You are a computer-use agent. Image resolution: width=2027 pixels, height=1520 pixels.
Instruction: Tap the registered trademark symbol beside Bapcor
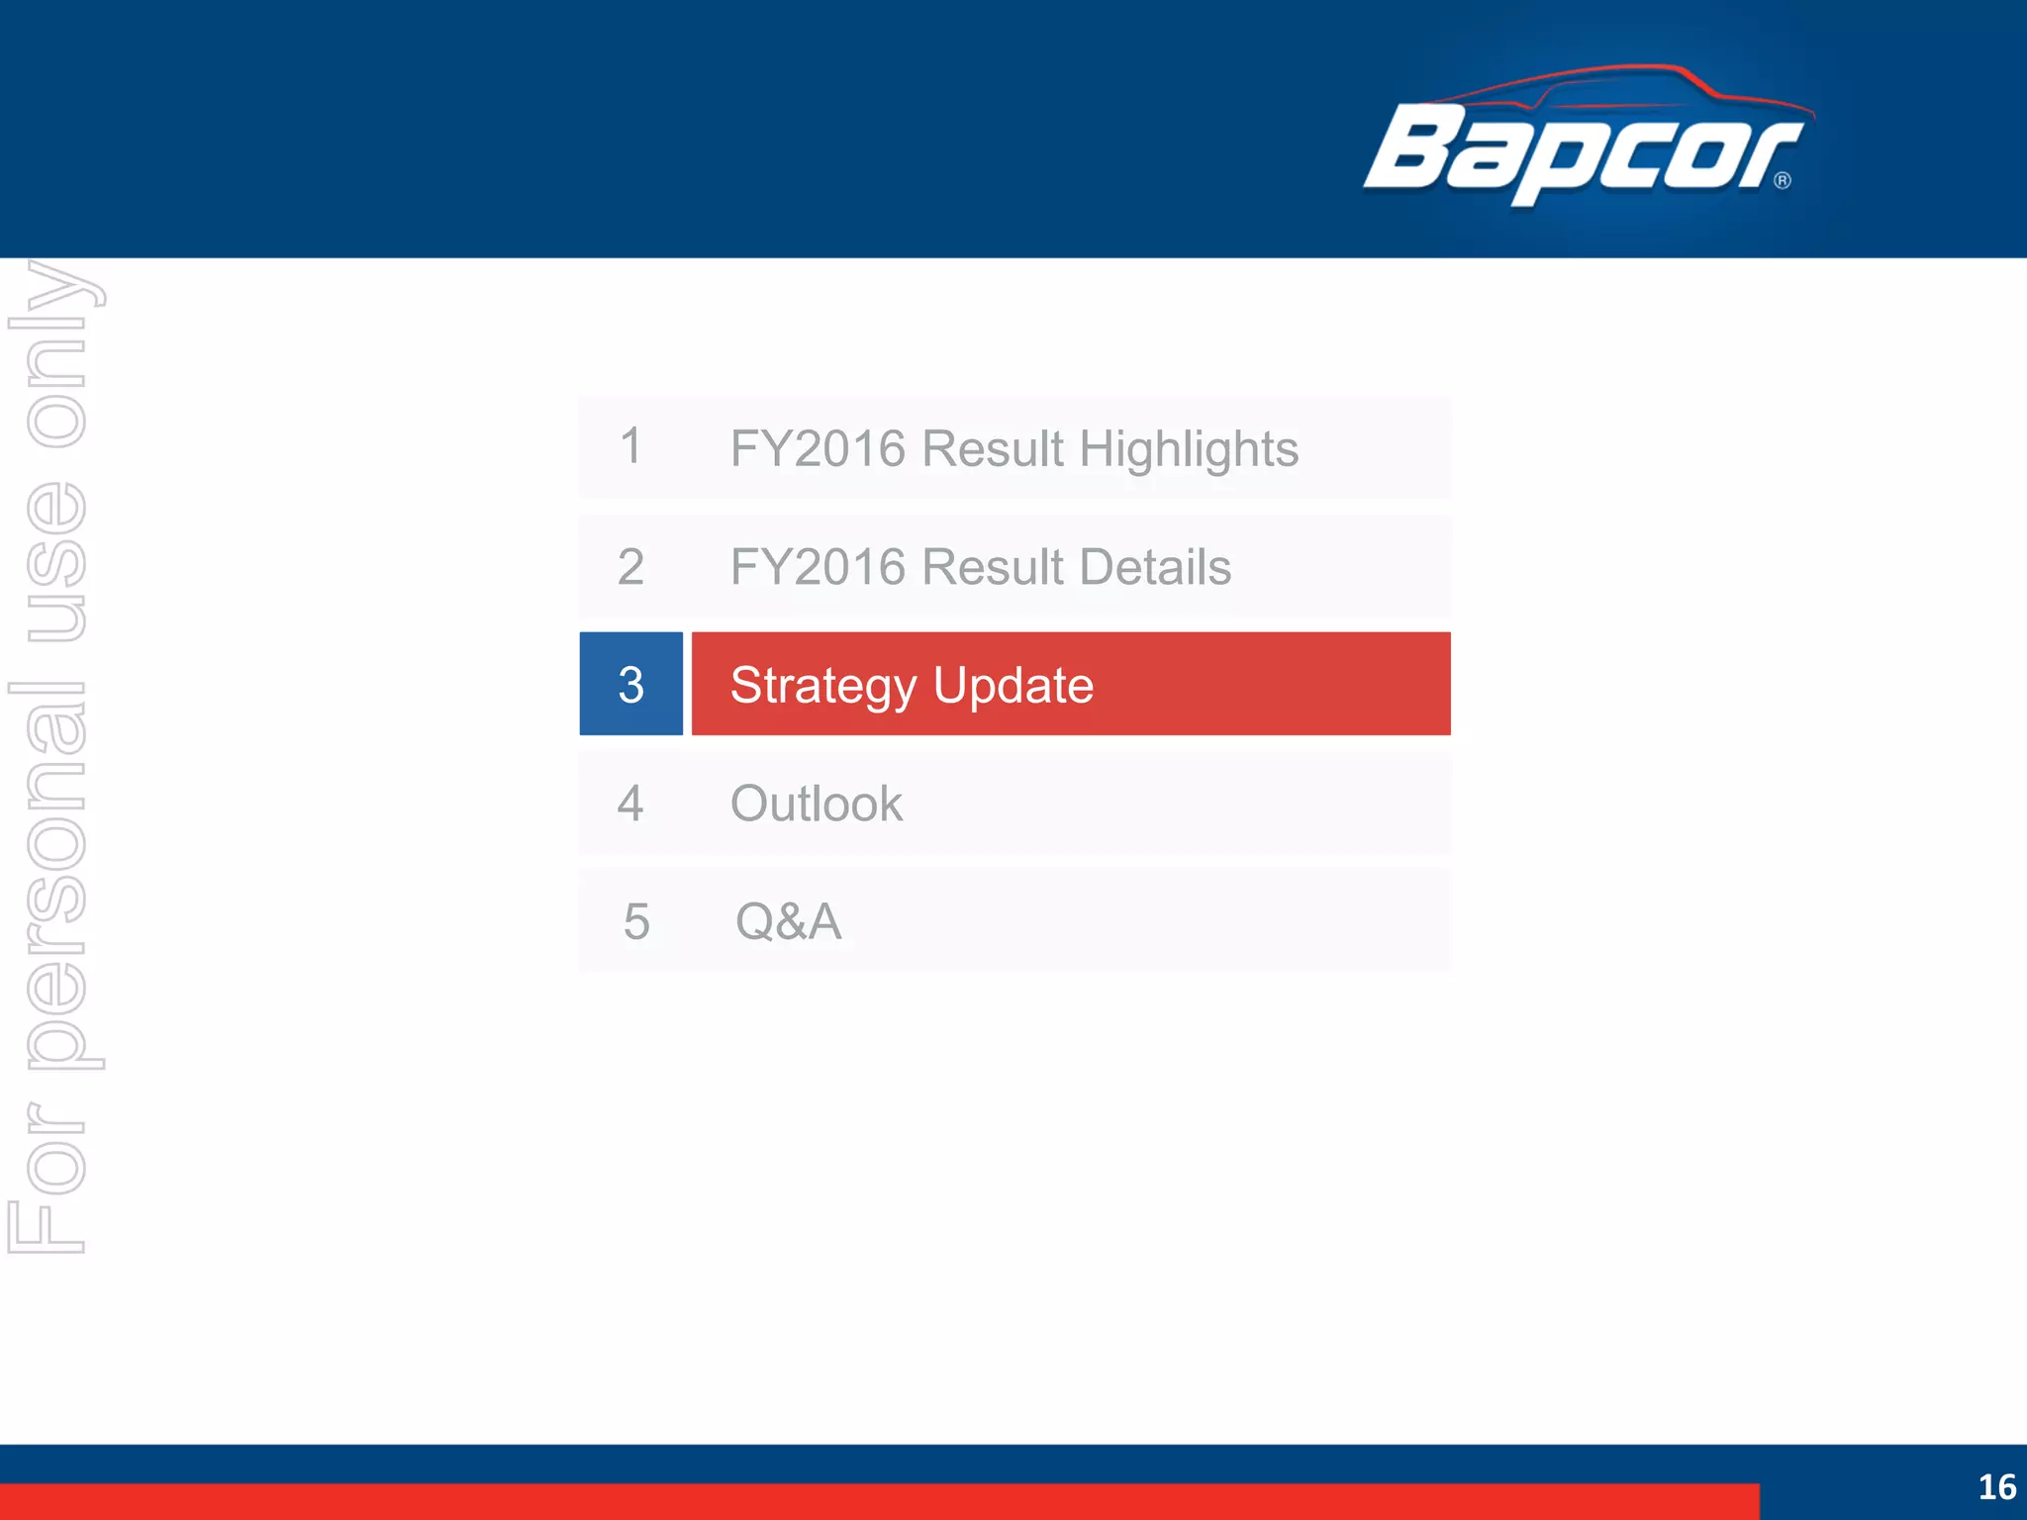coord(1783,180)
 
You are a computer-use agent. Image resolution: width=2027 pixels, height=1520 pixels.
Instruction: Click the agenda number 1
coord(630,446)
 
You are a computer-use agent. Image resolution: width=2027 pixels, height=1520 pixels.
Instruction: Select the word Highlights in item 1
coord(1188,449)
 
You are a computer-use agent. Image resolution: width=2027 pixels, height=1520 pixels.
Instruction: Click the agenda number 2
coord(630,567)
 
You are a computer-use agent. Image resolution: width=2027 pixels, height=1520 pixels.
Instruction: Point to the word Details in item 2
coord(1155,567)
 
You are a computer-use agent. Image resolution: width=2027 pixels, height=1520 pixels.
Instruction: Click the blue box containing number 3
coord(630,684)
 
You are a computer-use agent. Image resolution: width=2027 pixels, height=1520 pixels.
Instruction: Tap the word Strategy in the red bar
coord(823,686)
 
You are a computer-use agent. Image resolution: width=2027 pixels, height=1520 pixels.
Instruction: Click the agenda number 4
coord(630,803)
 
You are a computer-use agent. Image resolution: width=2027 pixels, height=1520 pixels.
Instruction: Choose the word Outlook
coord(816,804)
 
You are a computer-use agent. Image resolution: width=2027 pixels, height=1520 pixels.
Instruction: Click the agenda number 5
coord(636,921)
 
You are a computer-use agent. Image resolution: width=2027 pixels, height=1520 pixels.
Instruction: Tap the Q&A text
coord(788,921)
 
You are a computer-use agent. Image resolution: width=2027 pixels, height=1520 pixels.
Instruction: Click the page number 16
coord(1996,1486)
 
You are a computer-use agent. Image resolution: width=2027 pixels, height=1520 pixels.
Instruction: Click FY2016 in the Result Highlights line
coord(818,449)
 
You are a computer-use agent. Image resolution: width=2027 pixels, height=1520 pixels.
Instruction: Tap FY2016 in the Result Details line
coord(818,567)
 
